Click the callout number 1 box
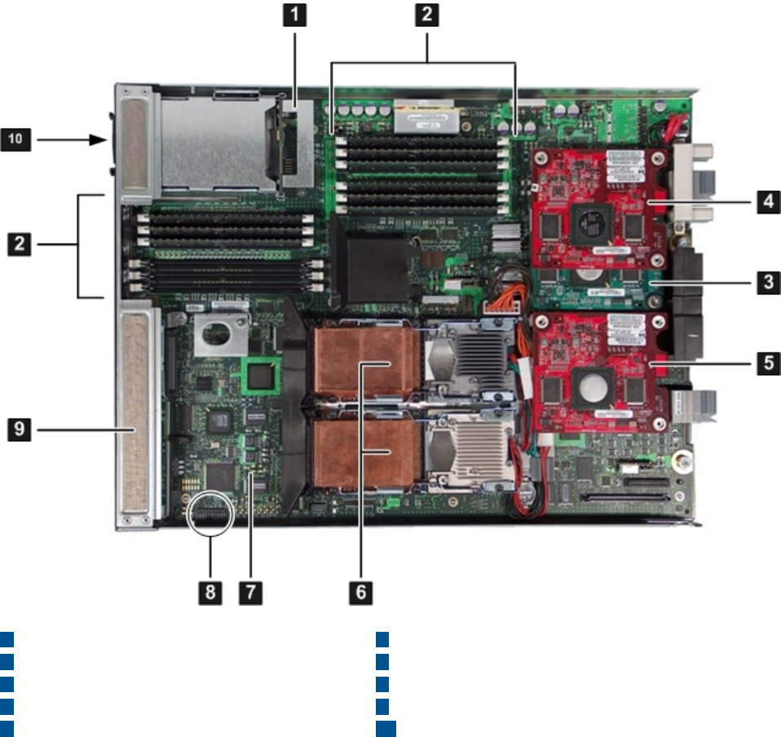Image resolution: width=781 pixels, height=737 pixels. pyautogui.click(x=295, y=15)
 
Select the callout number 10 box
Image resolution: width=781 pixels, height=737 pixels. pyautogui.click(x=15, y=139)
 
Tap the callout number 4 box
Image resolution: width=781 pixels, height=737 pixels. pyautogui.click(x=769, y=201)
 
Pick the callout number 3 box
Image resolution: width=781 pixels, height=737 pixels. pyautogui.click(x=769, y=282)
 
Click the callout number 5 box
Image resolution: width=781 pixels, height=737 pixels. pyautogui.click(x=769, y=363)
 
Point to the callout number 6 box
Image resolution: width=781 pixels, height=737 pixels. pyautogui.click(x=360, y=593)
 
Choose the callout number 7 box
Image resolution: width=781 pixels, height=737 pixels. pyautogui.click(x=250, y=593)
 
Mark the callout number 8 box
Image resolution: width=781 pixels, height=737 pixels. pyautogui.click(x=210, y=593)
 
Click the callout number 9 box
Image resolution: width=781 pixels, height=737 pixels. pyautogui.click(x=20, y=430)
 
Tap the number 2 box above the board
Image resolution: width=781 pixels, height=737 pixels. pyautogui.click(x=427, y=15)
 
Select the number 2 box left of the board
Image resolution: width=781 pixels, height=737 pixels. pyautogui.click(x=20, y=244)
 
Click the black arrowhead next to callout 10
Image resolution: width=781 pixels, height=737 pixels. pyautogui.click(x=99, y=139)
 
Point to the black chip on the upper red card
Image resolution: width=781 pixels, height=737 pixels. pyautogui.click(x=592, y=223)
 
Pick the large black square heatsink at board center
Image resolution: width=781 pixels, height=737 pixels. pyautogui.click(x=378, y=269)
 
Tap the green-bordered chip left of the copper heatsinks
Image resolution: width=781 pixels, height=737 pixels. pyautogui.click(x=261, y=374)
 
